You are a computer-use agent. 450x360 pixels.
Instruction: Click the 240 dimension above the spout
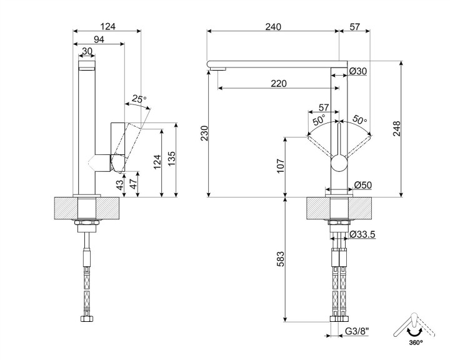click(x=273, y=26)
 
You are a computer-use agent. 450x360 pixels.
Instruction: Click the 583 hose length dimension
click(x=281, y=257)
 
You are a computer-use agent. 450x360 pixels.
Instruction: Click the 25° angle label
click(x=139, y=99)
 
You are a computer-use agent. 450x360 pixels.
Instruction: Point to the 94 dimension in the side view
click(x=98, y=40)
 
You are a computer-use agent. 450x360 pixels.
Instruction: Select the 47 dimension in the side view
click(x=132, y=183)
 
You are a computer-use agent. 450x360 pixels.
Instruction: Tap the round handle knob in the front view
click(x=338, y=164)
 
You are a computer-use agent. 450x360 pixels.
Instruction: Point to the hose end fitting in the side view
click(x=87, y=319)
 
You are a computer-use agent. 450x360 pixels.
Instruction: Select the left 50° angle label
click(x=319, y=120)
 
